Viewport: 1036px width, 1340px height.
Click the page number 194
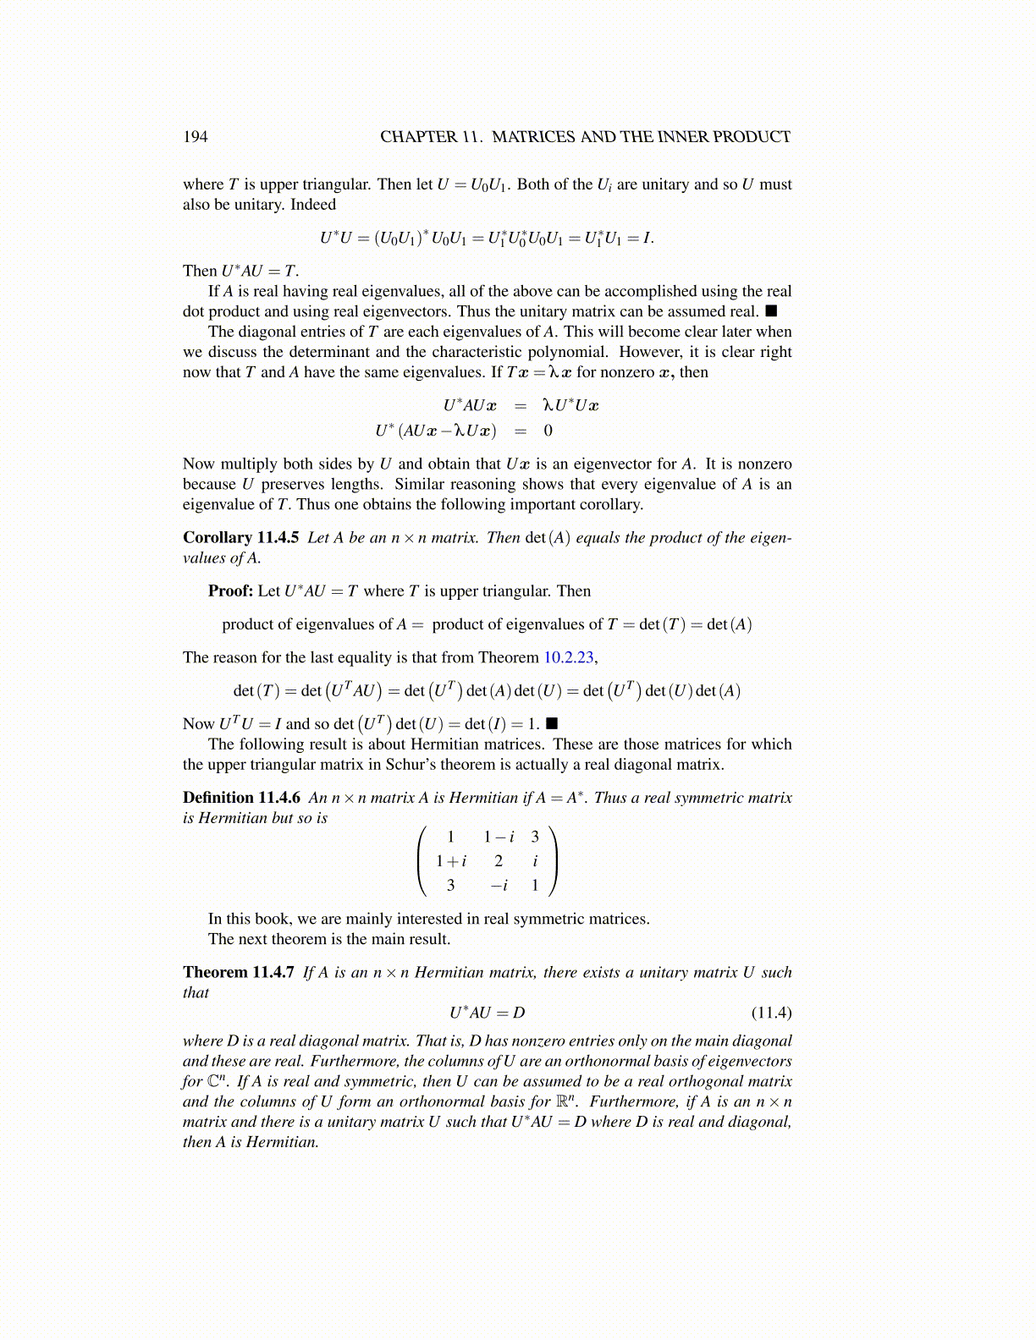click(x=195, y=137)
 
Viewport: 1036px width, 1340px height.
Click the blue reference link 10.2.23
click(x=570, y=657)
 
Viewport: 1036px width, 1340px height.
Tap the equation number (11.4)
click(x=771, y=1013)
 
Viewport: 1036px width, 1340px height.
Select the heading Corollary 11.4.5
click(x=240, y=538)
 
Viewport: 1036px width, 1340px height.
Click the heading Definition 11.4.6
click(x=241, y=798)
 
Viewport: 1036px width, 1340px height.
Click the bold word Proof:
click(x=230, y=591)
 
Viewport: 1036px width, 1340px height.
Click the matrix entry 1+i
click(x=451, y=861)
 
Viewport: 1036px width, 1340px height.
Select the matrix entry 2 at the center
click(x=499, y=861)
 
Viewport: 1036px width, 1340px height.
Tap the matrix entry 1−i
click(x=499, y=837)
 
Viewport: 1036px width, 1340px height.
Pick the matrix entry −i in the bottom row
click(x=499, y=886)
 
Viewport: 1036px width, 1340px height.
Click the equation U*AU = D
click(x=487, y=1013)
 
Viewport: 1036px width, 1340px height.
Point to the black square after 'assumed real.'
click(x=771, y=311)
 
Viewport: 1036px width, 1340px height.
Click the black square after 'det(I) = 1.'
click(x=552, y=724)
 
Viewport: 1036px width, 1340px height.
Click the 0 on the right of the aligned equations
click(x=548, y=431)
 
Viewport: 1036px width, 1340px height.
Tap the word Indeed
click(x=313, y=205)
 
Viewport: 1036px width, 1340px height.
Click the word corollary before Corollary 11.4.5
click(x=611, y=505)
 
